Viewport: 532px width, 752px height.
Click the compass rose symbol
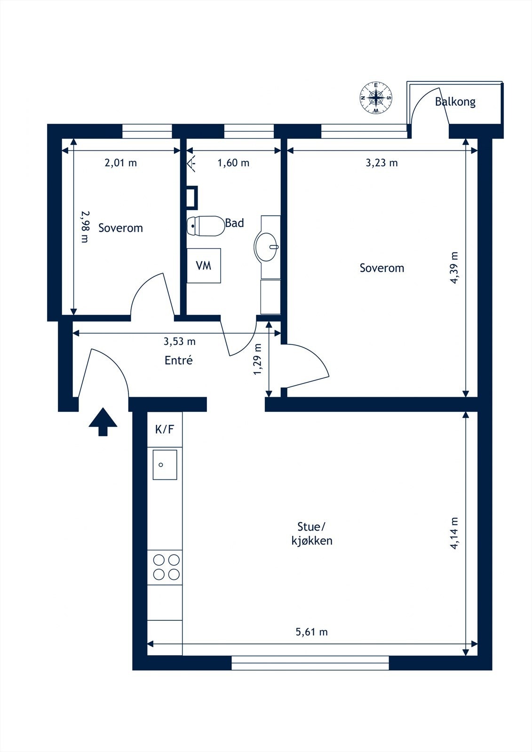[x=376, y=98]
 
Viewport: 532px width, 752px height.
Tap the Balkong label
[x=455, y=102]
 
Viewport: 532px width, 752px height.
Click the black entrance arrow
[x=103, y=422]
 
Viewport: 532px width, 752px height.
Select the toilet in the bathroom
[x=206, y=226]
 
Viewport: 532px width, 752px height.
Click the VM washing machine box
[x=204, y=266]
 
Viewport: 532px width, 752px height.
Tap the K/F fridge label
[x=164, y=429]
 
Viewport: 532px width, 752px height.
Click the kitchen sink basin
[x=165, y=465]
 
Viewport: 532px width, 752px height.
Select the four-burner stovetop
[x=166, y=567]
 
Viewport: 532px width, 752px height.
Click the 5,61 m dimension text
[x=311, y=632]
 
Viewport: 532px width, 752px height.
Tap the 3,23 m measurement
[x=381, y=163]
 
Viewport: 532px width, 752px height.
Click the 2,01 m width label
[x=120, y=163]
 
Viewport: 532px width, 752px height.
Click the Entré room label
[x=178, y=360]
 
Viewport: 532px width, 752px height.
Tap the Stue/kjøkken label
[x=312, y=533]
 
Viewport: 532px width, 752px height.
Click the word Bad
[x=235, y=223]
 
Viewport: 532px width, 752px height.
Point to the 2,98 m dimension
[x=85, y=227]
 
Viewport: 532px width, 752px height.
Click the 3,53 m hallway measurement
[x=180, y=341]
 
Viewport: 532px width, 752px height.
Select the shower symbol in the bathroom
[x=191, y=164]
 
